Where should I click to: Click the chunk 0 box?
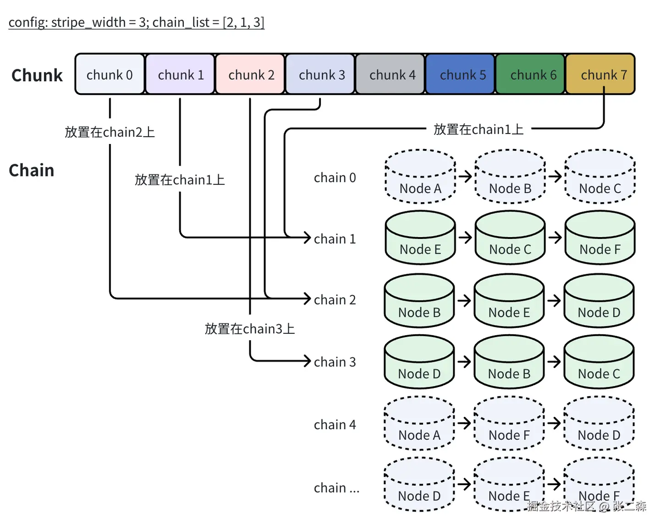[x=110, y=74]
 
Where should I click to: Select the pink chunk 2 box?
[x=251, y=74]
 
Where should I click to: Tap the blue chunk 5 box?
[x=462, y=74]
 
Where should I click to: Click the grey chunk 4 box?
[x=392, y=74]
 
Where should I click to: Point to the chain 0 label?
[x=335, y=177]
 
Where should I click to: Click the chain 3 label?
[x=335, y=362]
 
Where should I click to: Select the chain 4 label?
[x=335, y=425]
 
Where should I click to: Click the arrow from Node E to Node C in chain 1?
[x=465, y=238]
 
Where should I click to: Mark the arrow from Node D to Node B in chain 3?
[x=464, y=362]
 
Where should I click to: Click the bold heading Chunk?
[x=37, y=75]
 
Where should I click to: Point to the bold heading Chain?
[x=31, y=170]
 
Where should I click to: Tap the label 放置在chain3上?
[x=249, y=329]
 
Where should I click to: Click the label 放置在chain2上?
[x=110, y=132]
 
